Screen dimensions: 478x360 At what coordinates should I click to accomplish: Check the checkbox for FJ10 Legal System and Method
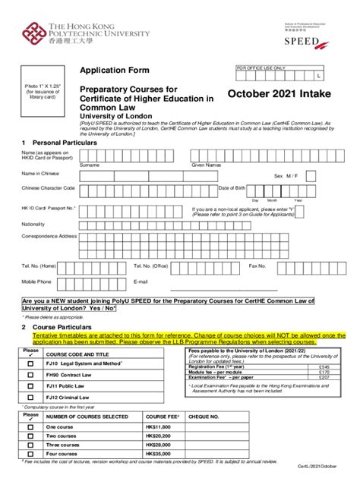tap(30, 363)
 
